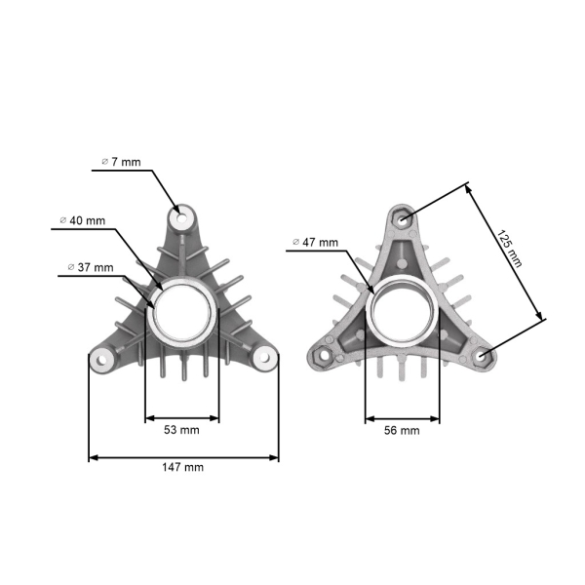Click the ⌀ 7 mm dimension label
121,160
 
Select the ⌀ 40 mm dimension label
83,220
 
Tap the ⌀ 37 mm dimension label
91,266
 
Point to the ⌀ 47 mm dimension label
316,242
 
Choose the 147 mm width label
183,468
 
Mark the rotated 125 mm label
509,249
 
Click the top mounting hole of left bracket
182,215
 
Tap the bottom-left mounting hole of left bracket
100,358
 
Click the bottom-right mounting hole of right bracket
483,356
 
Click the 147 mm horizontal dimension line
183,457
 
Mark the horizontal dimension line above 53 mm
182,419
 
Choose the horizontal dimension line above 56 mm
402,419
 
